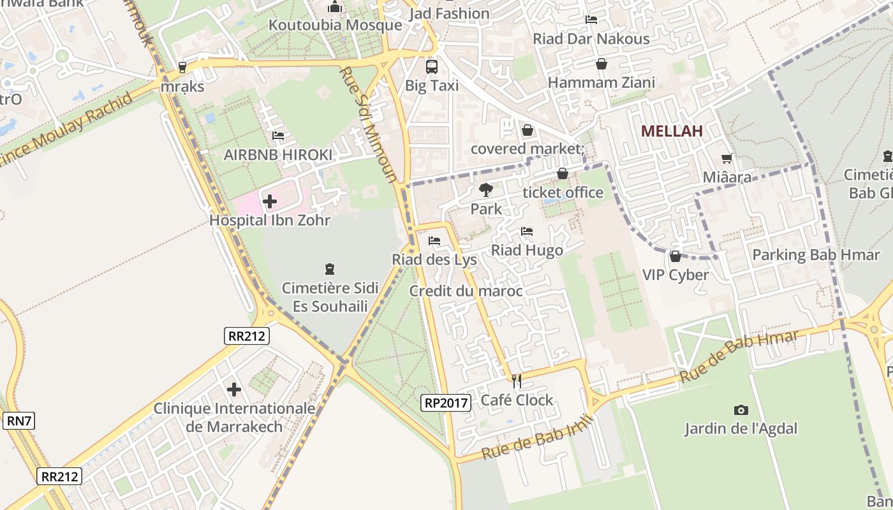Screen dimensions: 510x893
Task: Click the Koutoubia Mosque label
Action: point(335,25)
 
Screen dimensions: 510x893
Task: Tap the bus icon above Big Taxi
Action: point(432,66)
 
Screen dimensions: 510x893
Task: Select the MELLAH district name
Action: point(672,131)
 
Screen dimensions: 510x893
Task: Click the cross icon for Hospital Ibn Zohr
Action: point(270,201)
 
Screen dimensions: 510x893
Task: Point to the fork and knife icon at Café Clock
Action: point(517,381)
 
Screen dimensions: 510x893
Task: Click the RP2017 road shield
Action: point(446,402)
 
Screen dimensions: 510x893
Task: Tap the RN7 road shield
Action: point(20,421)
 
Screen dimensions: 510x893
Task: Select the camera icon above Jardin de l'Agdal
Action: point(741,410)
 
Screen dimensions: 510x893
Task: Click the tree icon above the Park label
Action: point(485,189)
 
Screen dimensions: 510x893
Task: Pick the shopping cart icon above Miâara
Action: point(727,158)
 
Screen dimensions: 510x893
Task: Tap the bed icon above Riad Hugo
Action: point(526,231)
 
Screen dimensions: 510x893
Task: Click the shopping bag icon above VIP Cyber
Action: point(675,256)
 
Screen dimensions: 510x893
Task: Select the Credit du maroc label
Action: point(466,291)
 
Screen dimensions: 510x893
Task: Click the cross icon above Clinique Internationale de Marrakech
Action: point(234,389)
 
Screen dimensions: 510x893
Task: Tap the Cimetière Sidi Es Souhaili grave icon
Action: point(330,269)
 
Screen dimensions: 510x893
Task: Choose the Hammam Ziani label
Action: point(601,82)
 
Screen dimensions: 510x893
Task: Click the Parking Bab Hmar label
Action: point(816,255)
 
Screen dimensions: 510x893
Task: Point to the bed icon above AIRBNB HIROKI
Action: point(278,136)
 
